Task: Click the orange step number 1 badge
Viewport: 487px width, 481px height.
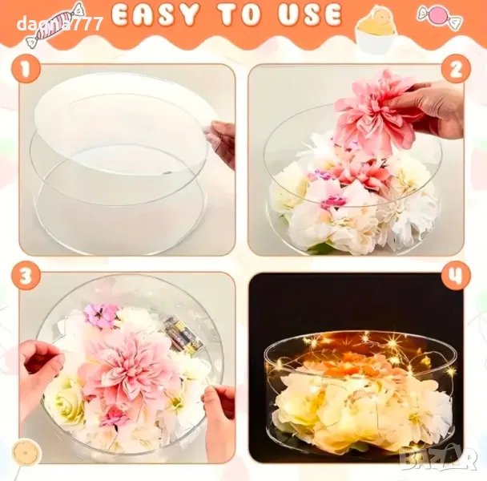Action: (26, 69)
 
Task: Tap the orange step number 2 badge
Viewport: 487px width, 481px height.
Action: (457, 69)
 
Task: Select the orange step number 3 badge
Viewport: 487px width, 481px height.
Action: (26, 276)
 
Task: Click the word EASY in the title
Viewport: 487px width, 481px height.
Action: (155, 15)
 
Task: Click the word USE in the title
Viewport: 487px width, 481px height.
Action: (310, 15)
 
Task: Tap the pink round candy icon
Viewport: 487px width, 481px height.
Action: (440, 16)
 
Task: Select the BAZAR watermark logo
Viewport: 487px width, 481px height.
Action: (438, 459)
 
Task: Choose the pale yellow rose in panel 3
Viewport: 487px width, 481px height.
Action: (65, 403)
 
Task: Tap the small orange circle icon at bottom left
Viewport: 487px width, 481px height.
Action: (26, 452)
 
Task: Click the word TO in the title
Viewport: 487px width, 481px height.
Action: (239, 15)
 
